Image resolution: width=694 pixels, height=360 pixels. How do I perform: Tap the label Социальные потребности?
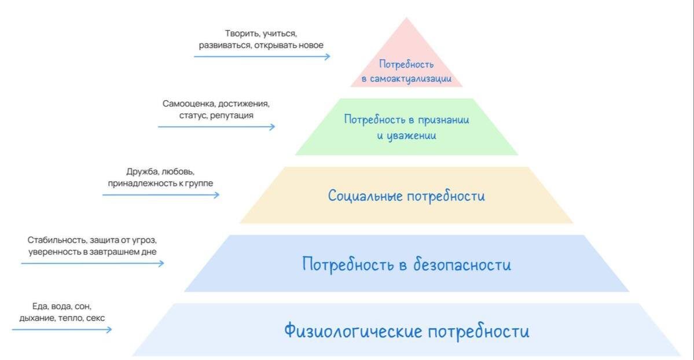coord(406,196)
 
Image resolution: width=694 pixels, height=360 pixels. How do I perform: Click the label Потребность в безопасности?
coord(406,265)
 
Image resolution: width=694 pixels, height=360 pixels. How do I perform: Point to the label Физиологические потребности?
coord(406,332)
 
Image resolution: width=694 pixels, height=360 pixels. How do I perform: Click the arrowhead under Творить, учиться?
coord(328,57)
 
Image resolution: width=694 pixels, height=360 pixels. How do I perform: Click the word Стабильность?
coord(57,240)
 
